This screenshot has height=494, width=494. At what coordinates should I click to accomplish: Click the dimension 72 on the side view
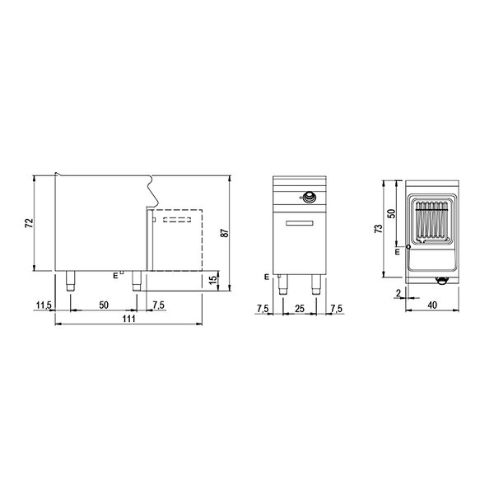(28, 222)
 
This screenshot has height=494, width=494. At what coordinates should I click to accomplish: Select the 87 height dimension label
(225, 232)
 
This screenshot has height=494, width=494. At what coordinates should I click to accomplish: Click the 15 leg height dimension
(214, 280)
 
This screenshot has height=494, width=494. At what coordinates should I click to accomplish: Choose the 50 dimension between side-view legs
(103, 305)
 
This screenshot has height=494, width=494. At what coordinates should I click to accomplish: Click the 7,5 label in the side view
(160, 305)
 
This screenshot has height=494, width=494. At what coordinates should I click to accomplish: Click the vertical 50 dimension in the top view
(392, 212)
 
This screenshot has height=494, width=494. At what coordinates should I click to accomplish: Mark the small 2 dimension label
(397, 293)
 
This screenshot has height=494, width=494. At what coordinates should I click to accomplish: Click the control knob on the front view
(310, 197)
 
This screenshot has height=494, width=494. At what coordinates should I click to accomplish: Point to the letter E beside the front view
(267, 277)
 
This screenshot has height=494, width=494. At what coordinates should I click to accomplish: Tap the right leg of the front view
(315, 285)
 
